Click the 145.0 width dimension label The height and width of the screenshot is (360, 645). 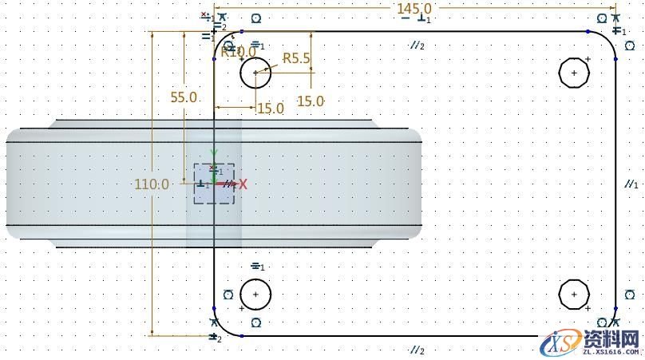pos(414,8)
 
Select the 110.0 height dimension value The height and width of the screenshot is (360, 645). pos(152,184)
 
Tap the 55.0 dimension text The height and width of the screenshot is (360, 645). pos(184,97)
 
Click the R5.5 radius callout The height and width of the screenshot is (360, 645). pos(296,57)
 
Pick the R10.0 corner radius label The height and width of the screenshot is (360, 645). pos(239,53)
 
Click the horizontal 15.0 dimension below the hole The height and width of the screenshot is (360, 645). pos(270,109)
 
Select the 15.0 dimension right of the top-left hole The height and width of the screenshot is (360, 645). pos(311,101)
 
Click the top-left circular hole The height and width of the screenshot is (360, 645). pos(255,73)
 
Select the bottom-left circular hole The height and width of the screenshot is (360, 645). pos(255,295)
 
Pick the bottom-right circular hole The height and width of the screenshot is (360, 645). pos(574,295)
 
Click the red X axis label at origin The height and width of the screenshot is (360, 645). pos(243,184)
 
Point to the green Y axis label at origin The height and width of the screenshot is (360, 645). pos(213,153)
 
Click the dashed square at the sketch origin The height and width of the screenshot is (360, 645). pos(214,184)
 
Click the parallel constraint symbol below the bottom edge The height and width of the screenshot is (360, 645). pos(416,350)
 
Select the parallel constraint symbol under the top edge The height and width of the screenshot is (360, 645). pos(416,46)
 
